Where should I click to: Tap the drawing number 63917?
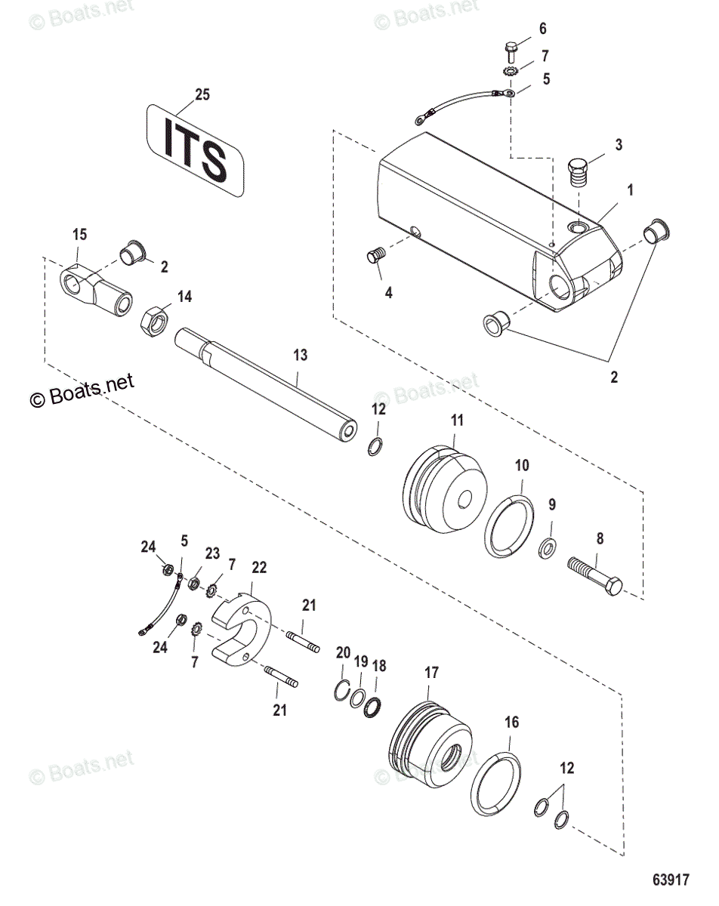[670, 880]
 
